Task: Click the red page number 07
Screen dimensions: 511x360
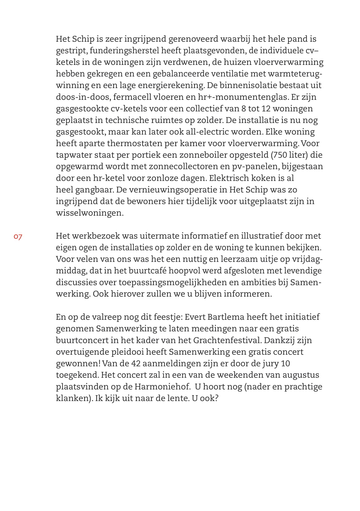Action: coord(18,237)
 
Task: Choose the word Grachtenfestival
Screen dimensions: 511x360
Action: coord(227,340)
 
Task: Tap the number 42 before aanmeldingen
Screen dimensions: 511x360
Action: coord(136,363)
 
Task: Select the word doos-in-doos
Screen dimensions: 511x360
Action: coord(83,97)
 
